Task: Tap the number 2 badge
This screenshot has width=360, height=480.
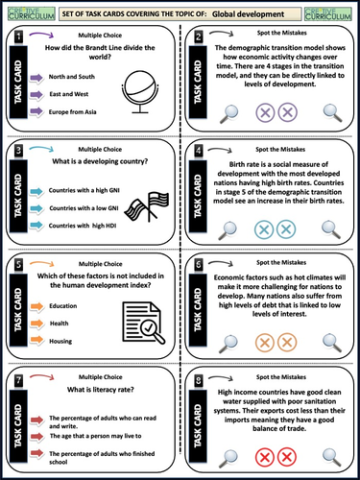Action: pyautogui.click(x=198, y=36)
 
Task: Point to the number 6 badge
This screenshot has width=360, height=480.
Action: pyautogui.click(x=198, y=262)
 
